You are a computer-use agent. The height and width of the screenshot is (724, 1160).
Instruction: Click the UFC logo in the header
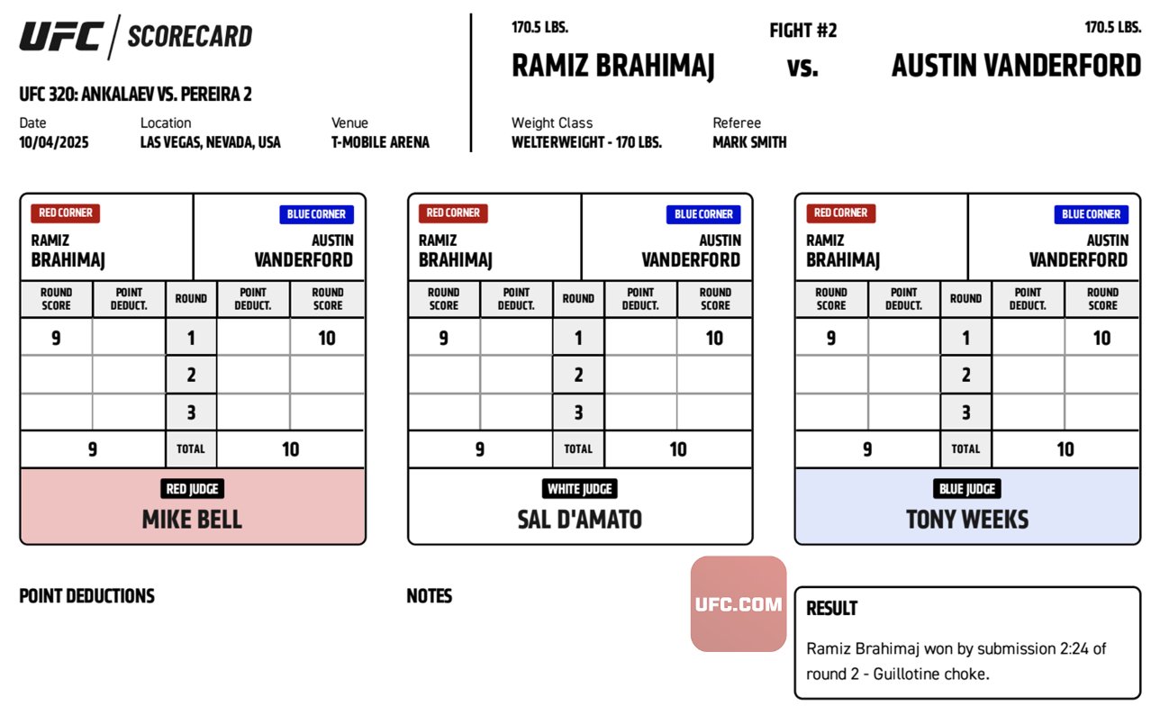pos(61,37)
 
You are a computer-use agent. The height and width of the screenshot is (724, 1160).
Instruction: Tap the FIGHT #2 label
pos(802,31)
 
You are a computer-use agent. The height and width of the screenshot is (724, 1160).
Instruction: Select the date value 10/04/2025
pos(54,142)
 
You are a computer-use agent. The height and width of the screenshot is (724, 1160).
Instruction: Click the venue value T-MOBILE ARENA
pos(380,142)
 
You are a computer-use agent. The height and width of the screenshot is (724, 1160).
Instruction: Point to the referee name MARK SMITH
pos(749,142)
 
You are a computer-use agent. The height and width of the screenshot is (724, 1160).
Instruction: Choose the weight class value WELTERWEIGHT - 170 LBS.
pos(586,142)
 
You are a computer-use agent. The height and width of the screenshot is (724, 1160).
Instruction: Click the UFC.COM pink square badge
pos(739,604)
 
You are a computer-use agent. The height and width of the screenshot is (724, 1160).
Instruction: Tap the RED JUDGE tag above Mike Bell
pos(192,489)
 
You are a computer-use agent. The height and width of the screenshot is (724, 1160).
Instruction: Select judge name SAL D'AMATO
pos(579,520)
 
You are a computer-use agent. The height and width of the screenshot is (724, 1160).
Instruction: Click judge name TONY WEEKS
pos(967,520)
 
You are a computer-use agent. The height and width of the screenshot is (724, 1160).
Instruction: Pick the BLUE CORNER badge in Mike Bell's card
pos(316,214)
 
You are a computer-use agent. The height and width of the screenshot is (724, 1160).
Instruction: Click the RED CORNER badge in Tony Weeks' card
pos(840,213)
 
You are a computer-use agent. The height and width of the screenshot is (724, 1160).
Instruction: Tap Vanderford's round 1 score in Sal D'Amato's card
pos(714,339)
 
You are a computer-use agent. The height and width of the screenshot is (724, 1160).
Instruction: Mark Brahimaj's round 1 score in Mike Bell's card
pos(56,339)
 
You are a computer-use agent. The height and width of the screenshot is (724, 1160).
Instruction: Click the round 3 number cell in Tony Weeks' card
pos(965,412)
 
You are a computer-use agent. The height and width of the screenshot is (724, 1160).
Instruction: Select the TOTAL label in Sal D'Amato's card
pos(578,449)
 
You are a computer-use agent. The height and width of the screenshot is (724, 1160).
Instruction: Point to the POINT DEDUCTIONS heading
pos(86,596)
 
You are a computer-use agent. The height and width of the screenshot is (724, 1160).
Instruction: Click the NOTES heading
pos(429,596)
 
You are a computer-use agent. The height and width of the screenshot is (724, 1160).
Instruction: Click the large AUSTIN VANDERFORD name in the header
pos(1016,66)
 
